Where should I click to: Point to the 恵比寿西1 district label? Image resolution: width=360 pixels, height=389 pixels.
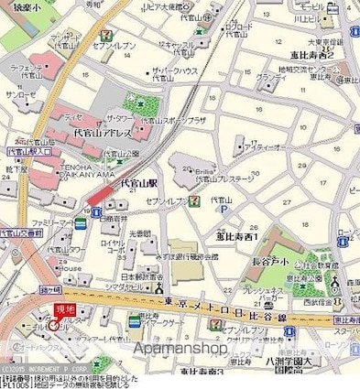tap(236, 236)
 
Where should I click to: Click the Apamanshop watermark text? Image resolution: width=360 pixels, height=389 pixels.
tap(180, 349)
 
